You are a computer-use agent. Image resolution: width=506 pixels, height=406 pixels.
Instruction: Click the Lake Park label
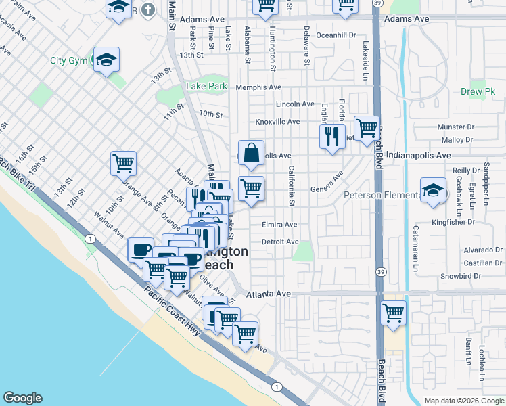coord(206,87)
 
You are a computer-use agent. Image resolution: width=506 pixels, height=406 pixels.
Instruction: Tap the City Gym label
coord(69,60)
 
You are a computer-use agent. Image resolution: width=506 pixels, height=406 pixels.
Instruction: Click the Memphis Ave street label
coord(258,87)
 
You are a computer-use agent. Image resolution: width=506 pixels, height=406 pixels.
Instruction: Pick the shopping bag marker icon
coord(251,154)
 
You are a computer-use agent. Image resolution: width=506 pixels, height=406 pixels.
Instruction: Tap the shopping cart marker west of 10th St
coord(124,162)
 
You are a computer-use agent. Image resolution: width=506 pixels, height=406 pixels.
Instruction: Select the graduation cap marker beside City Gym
coord(107,60)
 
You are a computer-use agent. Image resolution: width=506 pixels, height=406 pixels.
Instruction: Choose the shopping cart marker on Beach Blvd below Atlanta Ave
coord(393,313)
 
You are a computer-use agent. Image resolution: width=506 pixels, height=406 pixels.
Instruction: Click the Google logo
coord(22,398)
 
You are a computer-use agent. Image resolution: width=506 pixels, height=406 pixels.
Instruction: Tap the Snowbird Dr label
coord(460,276)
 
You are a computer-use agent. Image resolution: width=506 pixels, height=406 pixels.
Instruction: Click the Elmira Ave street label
coord(279,225)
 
